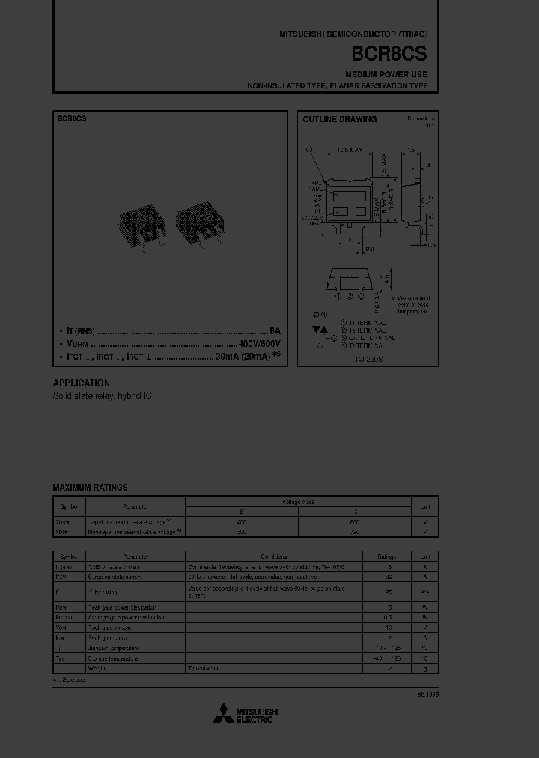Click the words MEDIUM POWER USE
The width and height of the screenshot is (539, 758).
click(x=386, y=75)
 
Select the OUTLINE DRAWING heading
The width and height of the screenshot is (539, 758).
click(x=339, y=119)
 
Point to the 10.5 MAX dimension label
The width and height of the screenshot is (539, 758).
click(x=349, y=150)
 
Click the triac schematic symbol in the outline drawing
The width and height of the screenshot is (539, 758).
click(x=320, y=330)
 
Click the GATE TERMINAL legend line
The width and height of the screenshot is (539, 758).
click(x=367, y=338)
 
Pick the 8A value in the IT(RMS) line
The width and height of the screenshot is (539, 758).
click(x=275, y=330)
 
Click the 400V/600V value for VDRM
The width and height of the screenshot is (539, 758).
click(x=259, y=344)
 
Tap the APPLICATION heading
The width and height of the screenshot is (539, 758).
click(x=81, y=383)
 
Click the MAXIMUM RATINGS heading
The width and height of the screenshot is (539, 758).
click(x=90, y=487)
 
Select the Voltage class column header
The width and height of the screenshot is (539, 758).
click(x=298, y=501)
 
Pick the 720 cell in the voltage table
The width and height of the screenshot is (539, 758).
click(x=354, y=532)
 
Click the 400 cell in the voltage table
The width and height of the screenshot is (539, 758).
click(x=241, y=521)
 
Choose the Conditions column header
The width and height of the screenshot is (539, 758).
click(x=273, y=557)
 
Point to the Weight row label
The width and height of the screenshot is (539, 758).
click(x=96, y=667)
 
